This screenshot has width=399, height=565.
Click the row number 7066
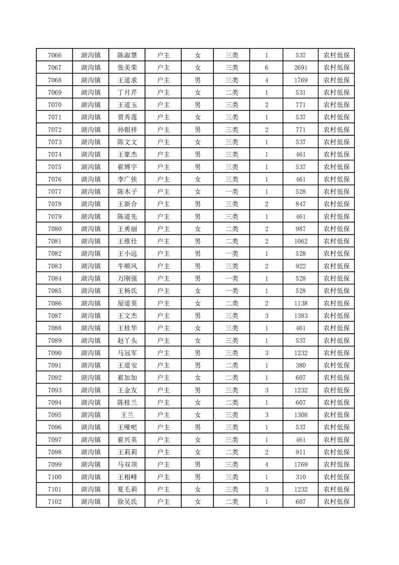tap(54, 55)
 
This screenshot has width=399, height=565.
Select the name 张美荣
tap(127, 68)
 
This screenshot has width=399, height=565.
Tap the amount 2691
tap(301, 68)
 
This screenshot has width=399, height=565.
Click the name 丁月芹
tap(127, 93)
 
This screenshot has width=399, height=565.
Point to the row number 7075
tap(54, 167)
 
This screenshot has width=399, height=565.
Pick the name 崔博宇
tap(127, 167)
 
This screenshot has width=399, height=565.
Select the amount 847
tap(301, 204)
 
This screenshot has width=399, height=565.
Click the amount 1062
tap(301, 241)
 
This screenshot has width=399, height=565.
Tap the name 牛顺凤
tap(127, 266)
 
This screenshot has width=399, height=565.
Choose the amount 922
tap(301, 266)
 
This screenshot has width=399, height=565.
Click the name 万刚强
tap(127, 278)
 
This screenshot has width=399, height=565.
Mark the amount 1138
tap(301, 303)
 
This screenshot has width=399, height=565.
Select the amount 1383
tap(301, 316)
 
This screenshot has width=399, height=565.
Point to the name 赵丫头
tap(127, 340)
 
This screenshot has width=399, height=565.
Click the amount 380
tap(301, 365)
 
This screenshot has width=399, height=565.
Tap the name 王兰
tap(127, 415)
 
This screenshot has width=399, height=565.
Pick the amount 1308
tap(301, 415)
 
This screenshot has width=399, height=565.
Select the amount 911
tap(301, 452)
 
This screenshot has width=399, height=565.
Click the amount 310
tap(301, 477)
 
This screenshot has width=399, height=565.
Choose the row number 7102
tap(54, 502)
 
